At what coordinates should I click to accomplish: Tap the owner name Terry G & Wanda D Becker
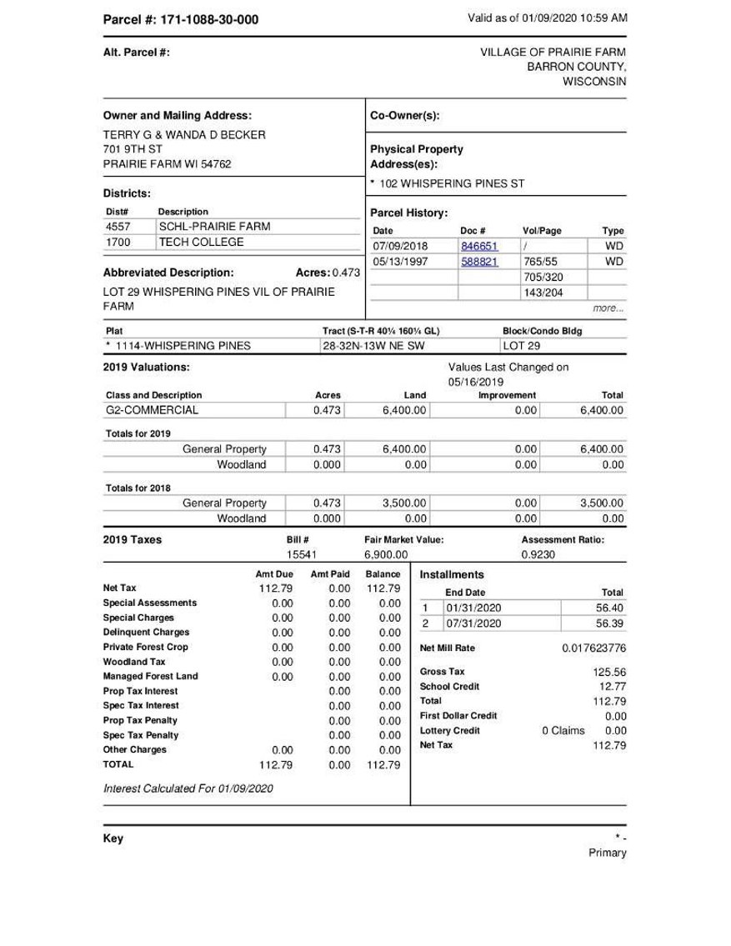pyautogui.click(x=184, y=134)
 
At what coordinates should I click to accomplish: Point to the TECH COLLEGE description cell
pyautogui.click(x=201, y=242)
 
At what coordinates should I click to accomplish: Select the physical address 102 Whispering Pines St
pyautogui.click(x=451, y=183)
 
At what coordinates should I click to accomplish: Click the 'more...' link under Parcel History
pyautogui.click(x=608, y=308)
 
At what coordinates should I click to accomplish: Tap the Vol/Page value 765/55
pyautogui.click(x=541, y=261)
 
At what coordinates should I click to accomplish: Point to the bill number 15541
pyautogui.click(x=299, y=553)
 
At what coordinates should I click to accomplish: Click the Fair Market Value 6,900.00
pyautogui.click(x=385, y=553)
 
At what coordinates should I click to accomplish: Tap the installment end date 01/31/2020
pyautogui.click(x=473, y=608)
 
